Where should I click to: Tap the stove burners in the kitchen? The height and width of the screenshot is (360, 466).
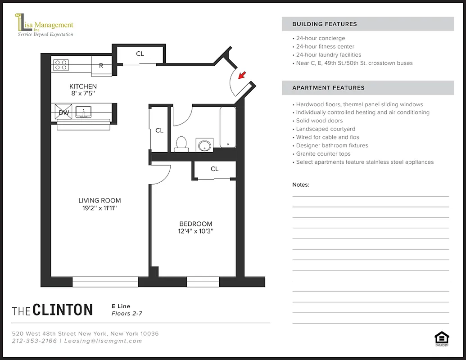click(61, 65)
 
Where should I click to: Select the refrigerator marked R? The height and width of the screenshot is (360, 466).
click(101, 66)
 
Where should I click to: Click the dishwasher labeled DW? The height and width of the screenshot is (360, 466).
click(64, 112)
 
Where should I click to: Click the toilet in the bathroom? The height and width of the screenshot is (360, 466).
click(181, 143)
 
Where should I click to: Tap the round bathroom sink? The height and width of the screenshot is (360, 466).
click(205, 145)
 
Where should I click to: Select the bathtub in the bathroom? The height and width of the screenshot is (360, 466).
click(228, 127)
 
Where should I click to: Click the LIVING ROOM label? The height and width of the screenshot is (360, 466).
click(100, 201)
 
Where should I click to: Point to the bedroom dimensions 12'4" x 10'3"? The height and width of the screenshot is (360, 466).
click(195, 232)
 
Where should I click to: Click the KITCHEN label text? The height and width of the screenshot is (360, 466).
click(83, 86)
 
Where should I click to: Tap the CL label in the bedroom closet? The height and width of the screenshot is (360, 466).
click(214, 169)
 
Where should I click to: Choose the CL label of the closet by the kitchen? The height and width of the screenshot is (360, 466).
click(140, 54)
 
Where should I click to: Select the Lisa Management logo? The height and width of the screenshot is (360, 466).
click(45, 26)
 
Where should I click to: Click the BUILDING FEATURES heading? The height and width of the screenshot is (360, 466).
click(325, 24)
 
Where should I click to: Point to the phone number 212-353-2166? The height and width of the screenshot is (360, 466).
click(35, 341)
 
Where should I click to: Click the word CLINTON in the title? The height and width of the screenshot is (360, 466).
click(63, 310)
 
